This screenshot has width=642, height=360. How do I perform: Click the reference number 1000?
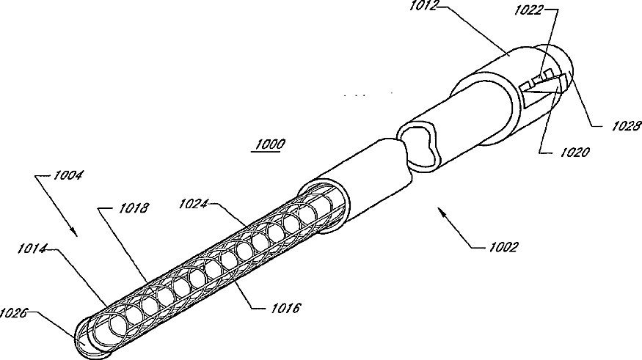269,144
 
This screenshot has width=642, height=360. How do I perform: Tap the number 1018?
134,208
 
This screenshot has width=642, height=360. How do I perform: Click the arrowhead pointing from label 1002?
439,210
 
